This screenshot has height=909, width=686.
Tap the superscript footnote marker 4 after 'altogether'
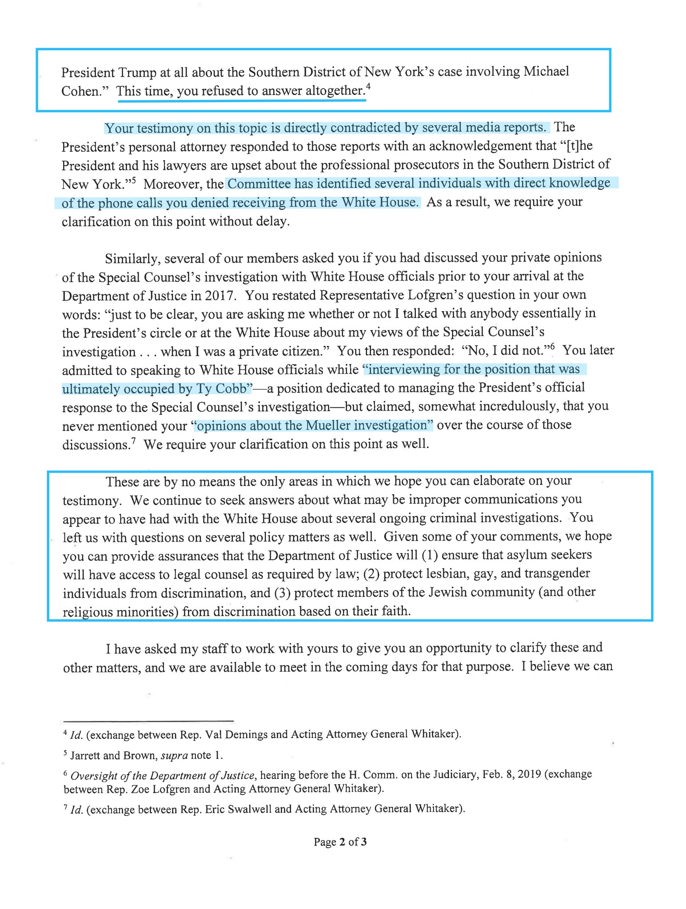tap(368, 87)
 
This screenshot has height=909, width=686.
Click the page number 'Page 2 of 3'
tap(340, 842)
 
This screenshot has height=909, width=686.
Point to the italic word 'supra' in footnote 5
tap(174, 755)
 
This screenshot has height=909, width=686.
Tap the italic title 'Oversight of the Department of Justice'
tap(163, 775)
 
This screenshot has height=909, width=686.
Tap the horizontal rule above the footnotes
tap(148, 720)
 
